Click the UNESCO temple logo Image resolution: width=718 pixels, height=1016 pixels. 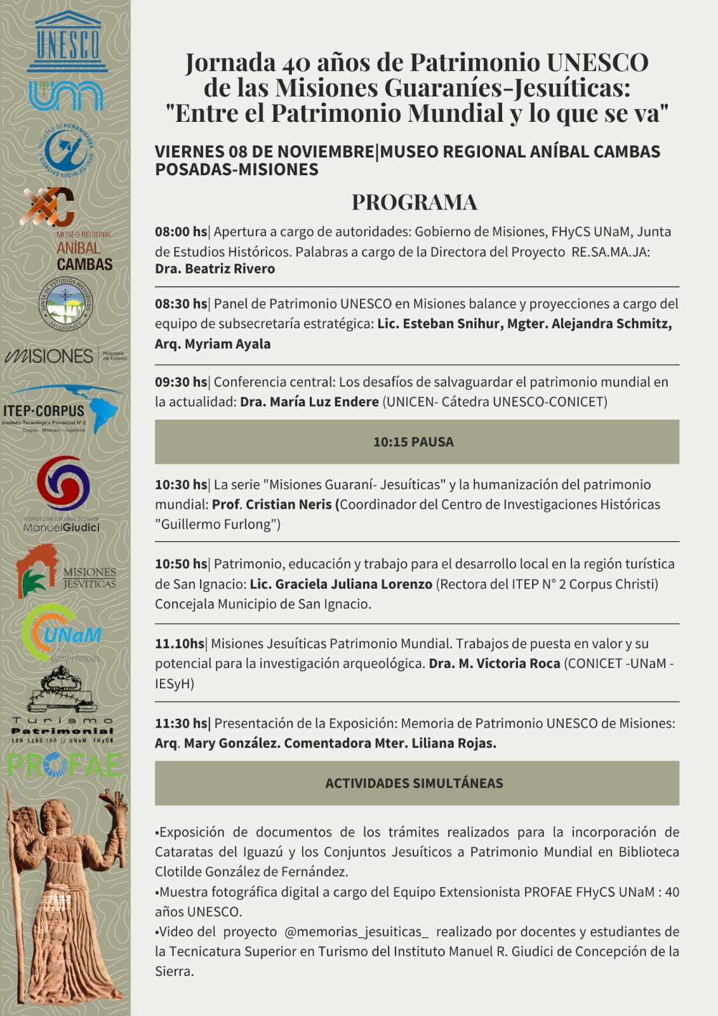coord(67,42)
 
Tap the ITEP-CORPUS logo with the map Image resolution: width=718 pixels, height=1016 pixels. coord(63,410)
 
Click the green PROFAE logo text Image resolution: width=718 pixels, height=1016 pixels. coord(64,765)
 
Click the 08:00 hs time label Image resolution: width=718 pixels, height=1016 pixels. coord(181,232)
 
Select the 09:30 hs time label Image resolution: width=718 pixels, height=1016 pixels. coord(181,382)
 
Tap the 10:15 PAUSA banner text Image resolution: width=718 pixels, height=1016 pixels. coord(413,442)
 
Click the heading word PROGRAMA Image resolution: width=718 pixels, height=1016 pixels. coord(415,202)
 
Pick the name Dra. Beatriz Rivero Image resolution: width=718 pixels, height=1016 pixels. coord(215,269)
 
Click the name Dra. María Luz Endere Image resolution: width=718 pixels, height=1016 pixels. coord(309,402)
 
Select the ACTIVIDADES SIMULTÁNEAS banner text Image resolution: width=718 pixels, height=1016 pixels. coord(414,784)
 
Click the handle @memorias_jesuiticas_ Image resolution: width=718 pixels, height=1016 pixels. coord(356,932)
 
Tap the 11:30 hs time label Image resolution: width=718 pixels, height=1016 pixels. coord(181,723)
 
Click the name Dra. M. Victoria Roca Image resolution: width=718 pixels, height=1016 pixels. coord(495,664)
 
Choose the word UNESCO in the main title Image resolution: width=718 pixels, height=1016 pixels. coord(597,62)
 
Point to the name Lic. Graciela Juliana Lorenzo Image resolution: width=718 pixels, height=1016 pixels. coord(341,584)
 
